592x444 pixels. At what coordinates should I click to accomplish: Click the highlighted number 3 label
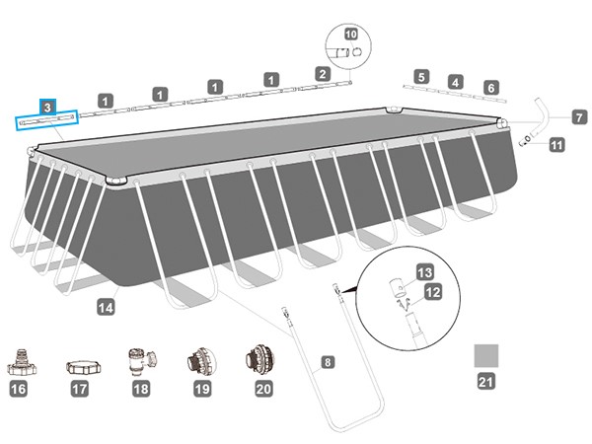coord(47,106)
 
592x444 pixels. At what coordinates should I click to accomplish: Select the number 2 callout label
coord(322,73)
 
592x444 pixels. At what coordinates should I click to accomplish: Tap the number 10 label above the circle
coord(350,33)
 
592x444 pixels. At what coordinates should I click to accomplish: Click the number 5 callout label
coord(421,77)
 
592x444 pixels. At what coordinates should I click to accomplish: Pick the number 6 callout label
coord(491,88)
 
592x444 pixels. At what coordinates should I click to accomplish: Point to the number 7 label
coord(578,116)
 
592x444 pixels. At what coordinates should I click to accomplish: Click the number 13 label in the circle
coord(425,272)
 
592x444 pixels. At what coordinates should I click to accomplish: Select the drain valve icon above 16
coord(20,362)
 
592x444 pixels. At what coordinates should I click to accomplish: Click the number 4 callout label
coord(455,82)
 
